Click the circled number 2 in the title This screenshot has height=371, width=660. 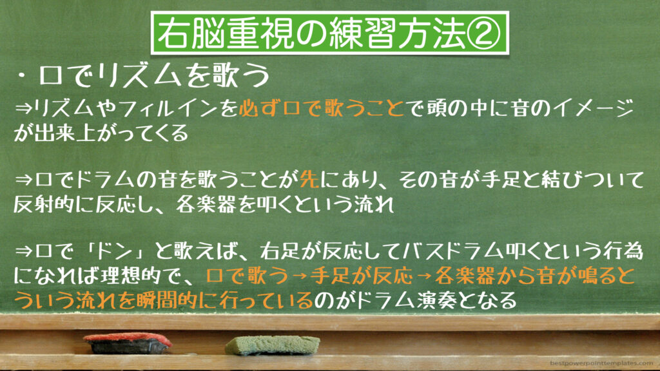click(x=484, y=33)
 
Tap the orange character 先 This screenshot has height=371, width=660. click(x=309, y=180)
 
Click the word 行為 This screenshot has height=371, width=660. click(x=623, y=251)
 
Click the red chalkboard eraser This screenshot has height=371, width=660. click(x=128, y=343)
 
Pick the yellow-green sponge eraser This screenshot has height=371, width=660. click(x=272, y=345)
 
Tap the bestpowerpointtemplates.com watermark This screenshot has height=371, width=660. click(x=601, y=363)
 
